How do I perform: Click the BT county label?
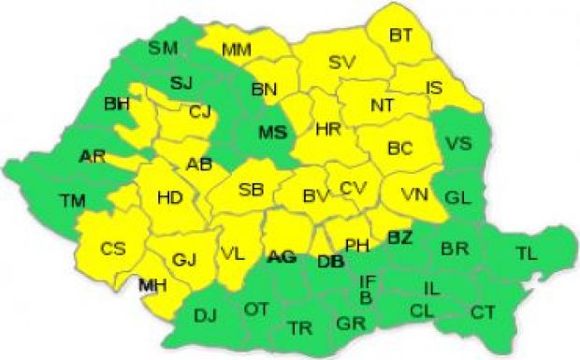401,36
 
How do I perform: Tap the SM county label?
164,47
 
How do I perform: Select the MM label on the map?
236,50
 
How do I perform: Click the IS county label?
434,88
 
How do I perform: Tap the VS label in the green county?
457,143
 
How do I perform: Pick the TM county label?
72,200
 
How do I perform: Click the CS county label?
113,249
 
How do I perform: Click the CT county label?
483,310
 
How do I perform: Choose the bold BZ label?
399,238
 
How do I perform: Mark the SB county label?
251,190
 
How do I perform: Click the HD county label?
169,197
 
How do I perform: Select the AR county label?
93,155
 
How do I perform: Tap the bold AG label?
282,255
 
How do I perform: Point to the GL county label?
457,197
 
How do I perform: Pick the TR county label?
300,328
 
